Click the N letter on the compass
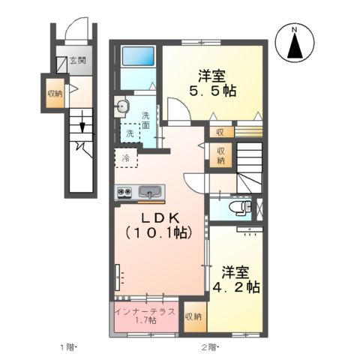(295, 31)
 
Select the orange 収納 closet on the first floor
(55, 94)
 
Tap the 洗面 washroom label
(145, 121)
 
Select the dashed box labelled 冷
(126, 158)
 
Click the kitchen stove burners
(124, 193)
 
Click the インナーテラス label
(145, 310)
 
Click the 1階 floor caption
(68, 347)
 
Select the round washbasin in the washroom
(121, 107)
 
